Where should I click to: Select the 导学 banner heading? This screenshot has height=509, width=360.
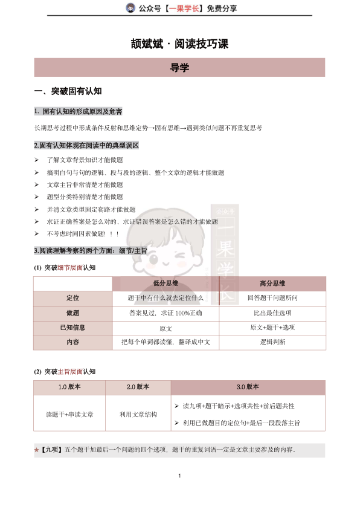(179, 68)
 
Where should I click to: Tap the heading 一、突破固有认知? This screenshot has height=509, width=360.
(68, 91)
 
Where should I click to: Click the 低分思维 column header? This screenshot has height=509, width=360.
(166, 283)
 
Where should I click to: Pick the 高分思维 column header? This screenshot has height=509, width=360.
(272, 283)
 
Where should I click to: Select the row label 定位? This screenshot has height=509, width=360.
(72, 298)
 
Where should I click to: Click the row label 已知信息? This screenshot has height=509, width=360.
(72, 328)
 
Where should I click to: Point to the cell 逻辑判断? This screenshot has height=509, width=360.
(272, 342)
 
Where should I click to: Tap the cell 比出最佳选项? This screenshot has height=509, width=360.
(272, 313)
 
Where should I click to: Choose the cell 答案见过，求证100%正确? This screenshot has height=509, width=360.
(166, 313)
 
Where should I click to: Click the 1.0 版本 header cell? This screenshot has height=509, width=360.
(69, 387)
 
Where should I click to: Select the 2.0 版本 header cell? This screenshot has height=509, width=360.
(138, 387)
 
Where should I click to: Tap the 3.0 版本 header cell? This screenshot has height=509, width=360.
(248, 387)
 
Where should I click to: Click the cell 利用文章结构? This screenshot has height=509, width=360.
(138, 414)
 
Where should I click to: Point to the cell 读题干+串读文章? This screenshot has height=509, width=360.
(69, 414)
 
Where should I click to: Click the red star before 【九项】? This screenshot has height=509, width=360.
(37, 450)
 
